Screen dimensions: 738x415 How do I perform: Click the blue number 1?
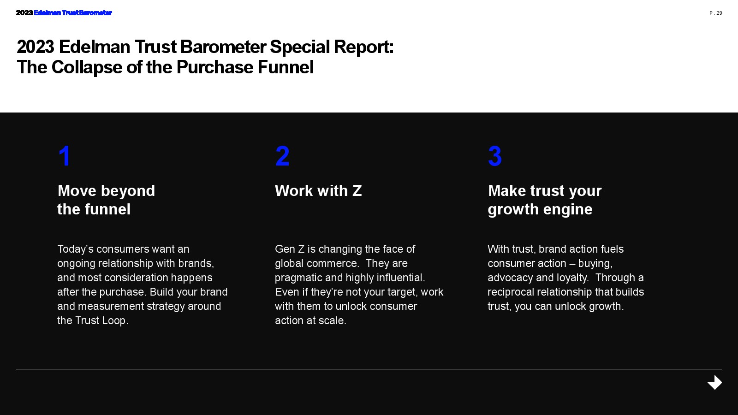(x=65, y=156)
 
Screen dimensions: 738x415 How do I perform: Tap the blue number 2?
(x=282, y=156)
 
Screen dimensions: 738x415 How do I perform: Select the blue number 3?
(x=495, y=156)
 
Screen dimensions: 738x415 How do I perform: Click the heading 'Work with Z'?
(x=318, y=191)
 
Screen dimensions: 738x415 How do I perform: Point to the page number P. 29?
(x=715, y=13)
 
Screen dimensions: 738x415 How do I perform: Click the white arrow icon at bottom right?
(x=714, y=382)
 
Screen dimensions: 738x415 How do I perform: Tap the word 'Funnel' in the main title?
(x=286, y=67)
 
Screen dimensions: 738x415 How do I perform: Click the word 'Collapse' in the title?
(x=87, y=68)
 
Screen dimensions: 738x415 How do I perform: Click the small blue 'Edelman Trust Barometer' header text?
(x=73, y=13)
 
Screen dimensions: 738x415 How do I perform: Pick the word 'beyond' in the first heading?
(x=128, y=191)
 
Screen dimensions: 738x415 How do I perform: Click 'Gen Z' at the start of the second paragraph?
(x=290, y=249)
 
